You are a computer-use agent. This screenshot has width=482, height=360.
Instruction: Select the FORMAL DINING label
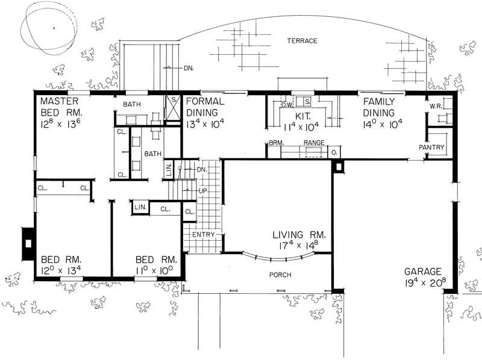(x=205, y=107)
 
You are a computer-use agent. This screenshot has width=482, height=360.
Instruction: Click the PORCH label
(x=280, y=275)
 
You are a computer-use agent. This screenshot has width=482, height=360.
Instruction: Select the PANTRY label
(x=432, y=147)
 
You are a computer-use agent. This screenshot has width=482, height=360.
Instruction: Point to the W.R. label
(x=436, y=107)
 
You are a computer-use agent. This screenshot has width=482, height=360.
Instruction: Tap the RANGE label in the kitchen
(x=314, y=143)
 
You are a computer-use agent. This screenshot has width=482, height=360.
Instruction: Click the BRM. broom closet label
(x=276, y=143)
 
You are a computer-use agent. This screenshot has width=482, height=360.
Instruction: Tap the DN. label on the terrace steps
(x=189, y=68)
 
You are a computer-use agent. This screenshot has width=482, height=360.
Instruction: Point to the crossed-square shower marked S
(x=172, y=109)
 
